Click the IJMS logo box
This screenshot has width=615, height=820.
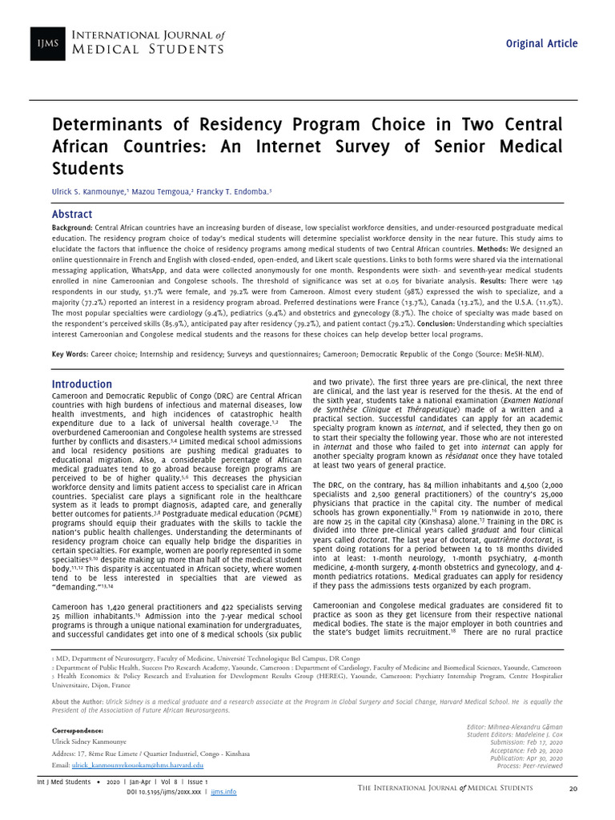click(48, 43)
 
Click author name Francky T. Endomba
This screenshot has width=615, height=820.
click(239, 193)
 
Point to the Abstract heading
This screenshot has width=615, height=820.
click(71, 215)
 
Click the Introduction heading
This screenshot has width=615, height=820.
click(82, 384)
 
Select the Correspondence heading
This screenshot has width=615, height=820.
click(78, 731)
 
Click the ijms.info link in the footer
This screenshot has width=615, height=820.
click(223, 791)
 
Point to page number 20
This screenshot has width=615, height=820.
click(573, 789)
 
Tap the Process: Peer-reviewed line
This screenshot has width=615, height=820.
click(529, 766)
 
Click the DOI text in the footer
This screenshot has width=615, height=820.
click(165, 791)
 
